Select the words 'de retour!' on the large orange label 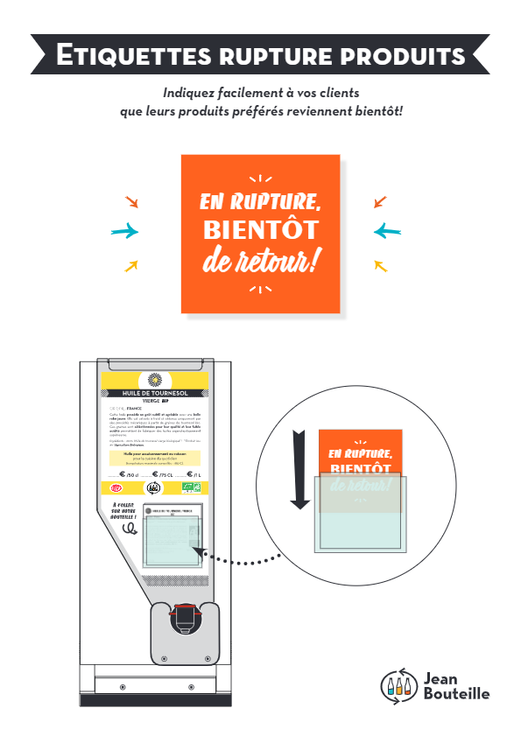pyautogui.click(x=260, y=260)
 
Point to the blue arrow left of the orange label pyautogui.click(x=125, y=232)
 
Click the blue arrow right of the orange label pyautogui.click(x=387, y=232)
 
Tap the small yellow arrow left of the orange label pyautogui.click(x=131, y=265)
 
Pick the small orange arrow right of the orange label pyautogui.click(x=380, y=202)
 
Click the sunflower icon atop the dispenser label pyautogui.click(x=155, y=379)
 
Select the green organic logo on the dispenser pyautogui.click(x=193, y=487)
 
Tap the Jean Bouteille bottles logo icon pyautogui.click(x=399, y=685)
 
